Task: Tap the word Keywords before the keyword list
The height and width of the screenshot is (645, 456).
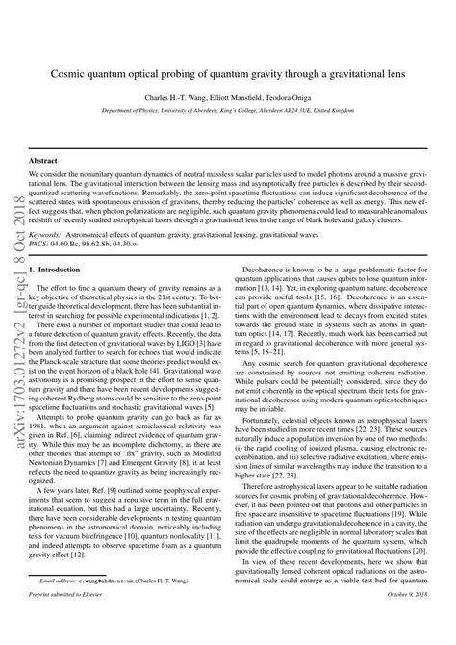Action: [52, 234]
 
